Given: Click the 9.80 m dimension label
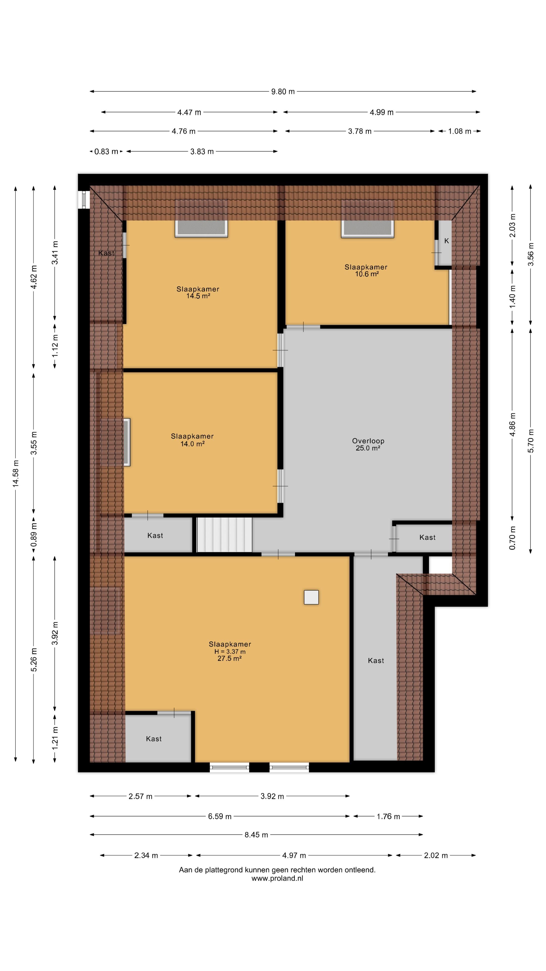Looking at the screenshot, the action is [283, 92].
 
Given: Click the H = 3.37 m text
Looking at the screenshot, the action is [230, 651].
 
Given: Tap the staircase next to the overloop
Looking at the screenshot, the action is [224, 535].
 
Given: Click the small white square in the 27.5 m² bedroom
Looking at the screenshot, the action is [311, 597].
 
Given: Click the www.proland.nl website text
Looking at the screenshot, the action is [277, 878].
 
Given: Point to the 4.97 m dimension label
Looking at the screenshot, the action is [294, 855].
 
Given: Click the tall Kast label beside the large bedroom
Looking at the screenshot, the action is [376, 660].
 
